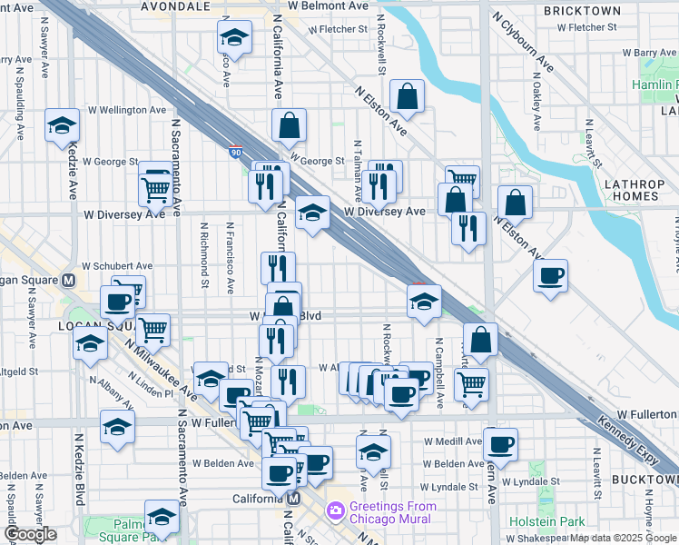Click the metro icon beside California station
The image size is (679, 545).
tap(293, 500)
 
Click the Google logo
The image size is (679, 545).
tap(30, 534)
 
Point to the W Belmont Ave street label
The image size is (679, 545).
tap(328, 5)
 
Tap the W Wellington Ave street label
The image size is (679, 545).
tap(124, 110)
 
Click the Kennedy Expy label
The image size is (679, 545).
tap(627, 434)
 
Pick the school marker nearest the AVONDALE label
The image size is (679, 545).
tap(234, 38)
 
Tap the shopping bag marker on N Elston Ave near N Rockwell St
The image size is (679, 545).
tap(408, 95)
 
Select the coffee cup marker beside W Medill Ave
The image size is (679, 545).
tap(500, 445)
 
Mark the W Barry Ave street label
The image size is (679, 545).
tap(658, 53)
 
